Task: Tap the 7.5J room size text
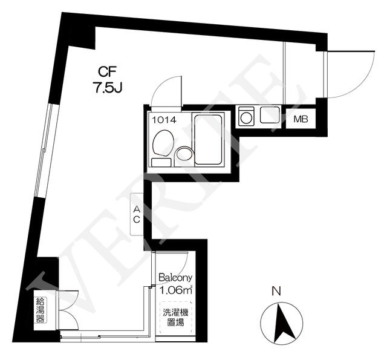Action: pos(108,87)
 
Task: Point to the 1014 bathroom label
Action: pos(164,120)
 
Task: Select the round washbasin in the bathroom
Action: pos(183,154)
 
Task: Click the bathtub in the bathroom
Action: pos(208,139)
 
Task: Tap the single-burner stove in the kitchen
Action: pos(246,115)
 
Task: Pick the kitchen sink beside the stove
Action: pos(270,115)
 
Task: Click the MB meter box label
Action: pos(301,119)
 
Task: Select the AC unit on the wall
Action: pos(137,214)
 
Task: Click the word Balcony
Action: pos(175,278)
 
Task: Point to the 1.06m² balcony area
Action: pos(176,290)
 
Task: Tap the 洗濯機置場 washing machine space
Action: pos(176,317)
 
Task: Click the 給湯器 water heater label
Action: pos(41,310)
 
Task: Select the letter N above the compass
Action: pos(276,291)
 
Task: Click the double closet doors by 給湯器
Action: pos(68,310)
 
